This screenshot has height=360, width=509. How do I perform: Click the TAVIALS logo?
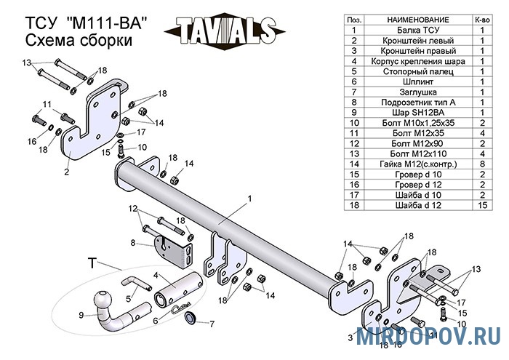(x=225, y=31)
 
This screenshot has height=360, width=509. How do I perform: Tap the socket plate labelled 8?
(x=174, y=251)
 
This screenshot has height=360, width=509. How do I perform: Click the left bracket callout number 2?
(x=67, y=172)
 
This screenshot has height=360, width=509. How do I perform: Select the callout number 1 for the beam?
(x=250, y=198)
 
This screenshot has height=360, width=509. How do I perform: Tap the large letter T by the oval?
(x=92, y=263)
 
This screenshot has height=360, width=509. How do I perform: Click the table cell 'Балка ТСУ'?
(x=418, y=31)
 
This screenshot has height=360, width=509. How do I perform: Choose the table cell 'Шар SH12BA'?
(x=418, y=113)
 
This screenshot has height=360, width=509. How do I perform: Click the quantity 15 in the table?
(x=482, y=205)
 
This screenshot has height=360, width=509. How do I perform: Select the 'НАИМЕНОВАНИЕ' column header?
(x=418, y=20)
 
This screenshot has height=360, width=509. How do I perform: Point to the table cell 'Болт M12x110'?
(x=418, y=154)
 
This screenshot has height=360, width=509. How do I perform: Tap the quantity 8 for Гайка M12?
(x=482, y=164)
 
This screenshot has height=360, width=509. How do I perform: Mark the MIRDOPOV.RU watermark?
(x=428, y=336)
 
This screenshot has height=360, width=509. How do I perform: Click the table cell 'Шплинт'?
(x=418, y=81)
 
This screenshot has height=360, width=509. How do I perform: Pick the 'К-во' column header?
(x=482, y=20)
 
